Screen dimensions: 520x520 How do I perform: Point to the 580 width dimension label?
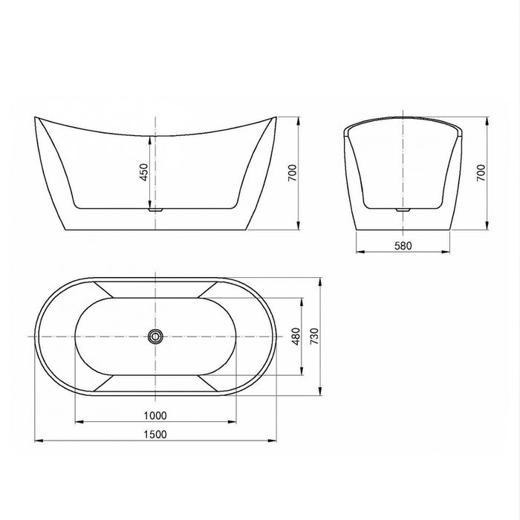click(403, 244)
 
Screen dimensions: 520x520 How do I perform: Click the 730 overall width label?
click(314, 337)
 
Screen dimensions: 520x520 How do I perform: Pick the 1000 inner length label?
click(156, 415)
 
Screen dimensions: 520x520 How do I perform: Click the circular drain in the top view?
click(155, 337)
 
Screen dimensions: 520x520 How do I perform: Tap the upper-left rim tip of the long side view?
click(36, 117)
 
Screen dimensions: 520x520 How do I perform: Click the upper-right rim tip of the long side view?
click(276, 117)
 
